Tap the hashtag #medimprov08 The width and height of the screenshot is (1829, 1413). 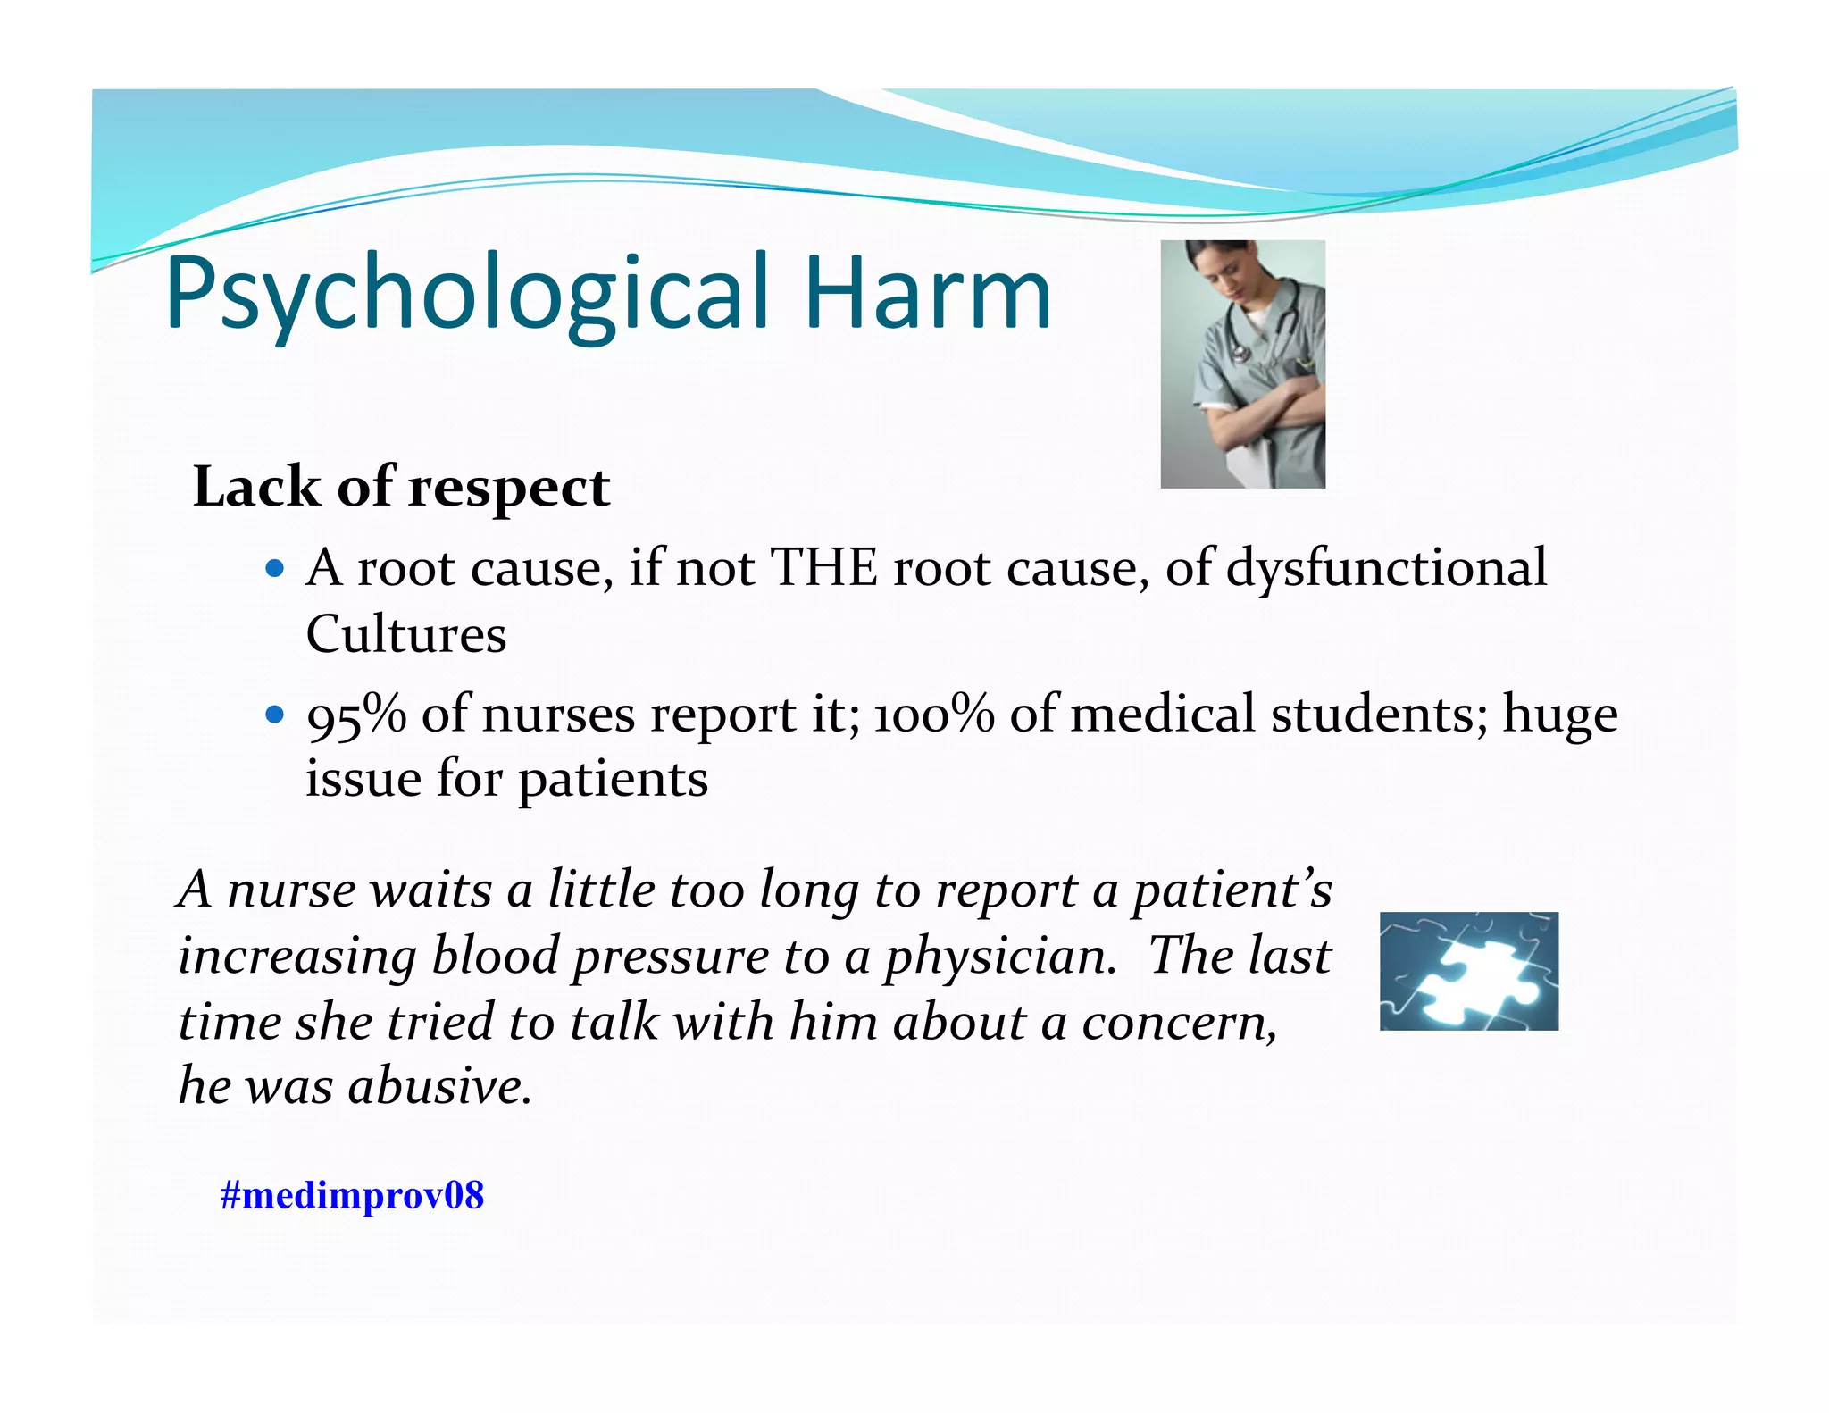[352, 1195]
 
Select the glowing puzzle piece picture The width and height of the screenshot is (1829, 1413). [1468, 971]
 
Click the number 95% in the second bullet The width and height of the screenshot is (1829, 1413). [355, 715]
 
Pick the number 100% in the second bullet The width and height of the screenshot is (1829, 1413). [933, 715]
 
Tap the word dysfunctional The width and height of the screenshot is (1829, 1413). [1386, 568]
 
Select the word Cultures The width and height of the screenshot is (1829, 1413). [406, 635]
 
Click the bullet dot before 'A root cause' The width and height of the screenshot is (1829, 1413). [275, 568]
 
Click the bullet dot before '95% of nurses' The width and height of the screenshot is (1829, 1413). [275, 715]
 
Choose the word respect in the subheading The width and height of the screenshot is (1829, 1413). [509, 489]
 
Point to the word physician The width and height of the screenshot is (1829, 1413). [1000, 957]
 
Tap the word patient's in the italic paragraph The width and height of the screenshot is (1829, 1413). [1232, 890]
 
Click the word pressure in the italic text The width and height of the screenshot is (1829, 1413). [670, 957]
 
